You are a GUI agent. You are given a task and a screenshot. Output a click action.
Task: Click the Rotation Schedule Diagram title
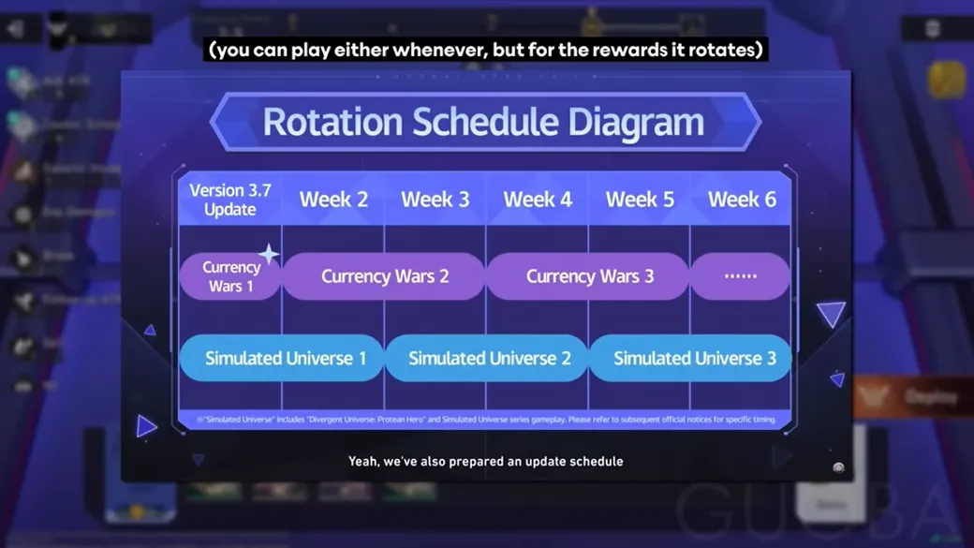[x=483, y=123]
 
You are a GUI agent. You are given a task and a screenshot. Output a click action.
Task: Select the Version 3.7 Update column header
[x=229, y=200]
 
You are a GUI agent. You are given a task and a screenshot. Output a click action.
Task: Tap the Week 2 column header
[x=333, y=200]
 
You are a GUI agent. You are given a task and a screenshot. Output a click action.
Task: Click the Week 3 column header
[x=435, y=200]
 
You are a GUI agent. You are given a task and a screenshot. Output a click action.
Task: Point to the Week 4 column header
[x=538, y=200]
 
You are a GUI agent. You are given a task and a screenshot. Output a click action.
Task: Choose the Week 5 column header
[x=640, y=200]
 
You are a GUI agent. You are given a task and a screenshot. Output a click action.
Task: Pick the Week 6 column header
[x=742, y=200]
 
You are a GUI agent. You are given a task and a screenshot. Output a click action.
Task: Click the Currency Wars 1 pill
[x=230, y=276]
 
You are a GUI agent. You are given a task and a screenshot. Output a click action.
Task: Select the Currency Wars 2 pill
[x=384, y=276]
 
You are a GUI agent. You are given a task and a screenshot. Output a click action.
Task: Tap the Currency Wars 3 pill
[x=589, y=276]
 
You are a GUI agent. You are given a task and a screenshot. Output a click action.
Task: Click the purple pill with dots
[x=740, y=276]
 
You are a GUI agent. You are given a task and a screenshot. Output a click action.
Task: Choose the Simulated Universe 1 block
[x=280, y=359]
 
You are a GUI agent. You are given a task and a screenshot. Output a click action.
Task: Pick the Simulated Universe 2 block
[x=487, y=359]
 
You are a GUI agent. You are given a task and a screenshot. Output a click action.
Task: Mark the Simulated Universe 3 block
[x=691, y=359]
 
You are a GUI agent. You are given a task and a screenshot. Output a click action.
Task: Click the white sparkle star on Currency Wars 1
[x=269, y=254]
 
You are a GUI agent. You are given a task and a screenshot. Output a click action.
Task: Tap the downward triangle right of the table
[x=831, y=314]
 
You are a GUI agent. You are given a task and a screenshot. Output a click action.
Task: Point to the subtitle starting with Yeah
[x=485, y=461]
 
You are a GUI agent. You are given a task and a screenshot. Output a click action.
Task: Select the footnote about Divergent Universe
[x=483, y=419]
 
